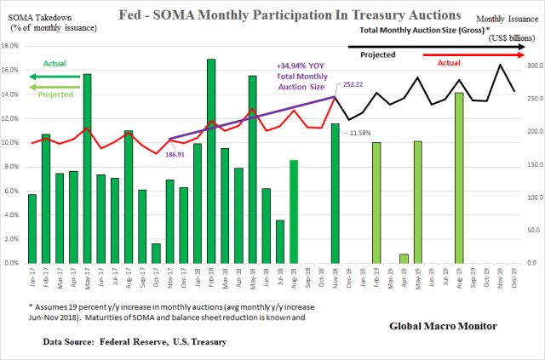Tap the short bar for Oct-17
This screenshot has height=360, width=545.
point(156,254)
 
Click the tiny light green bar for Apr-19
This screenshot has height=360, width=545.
point(404,259)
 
